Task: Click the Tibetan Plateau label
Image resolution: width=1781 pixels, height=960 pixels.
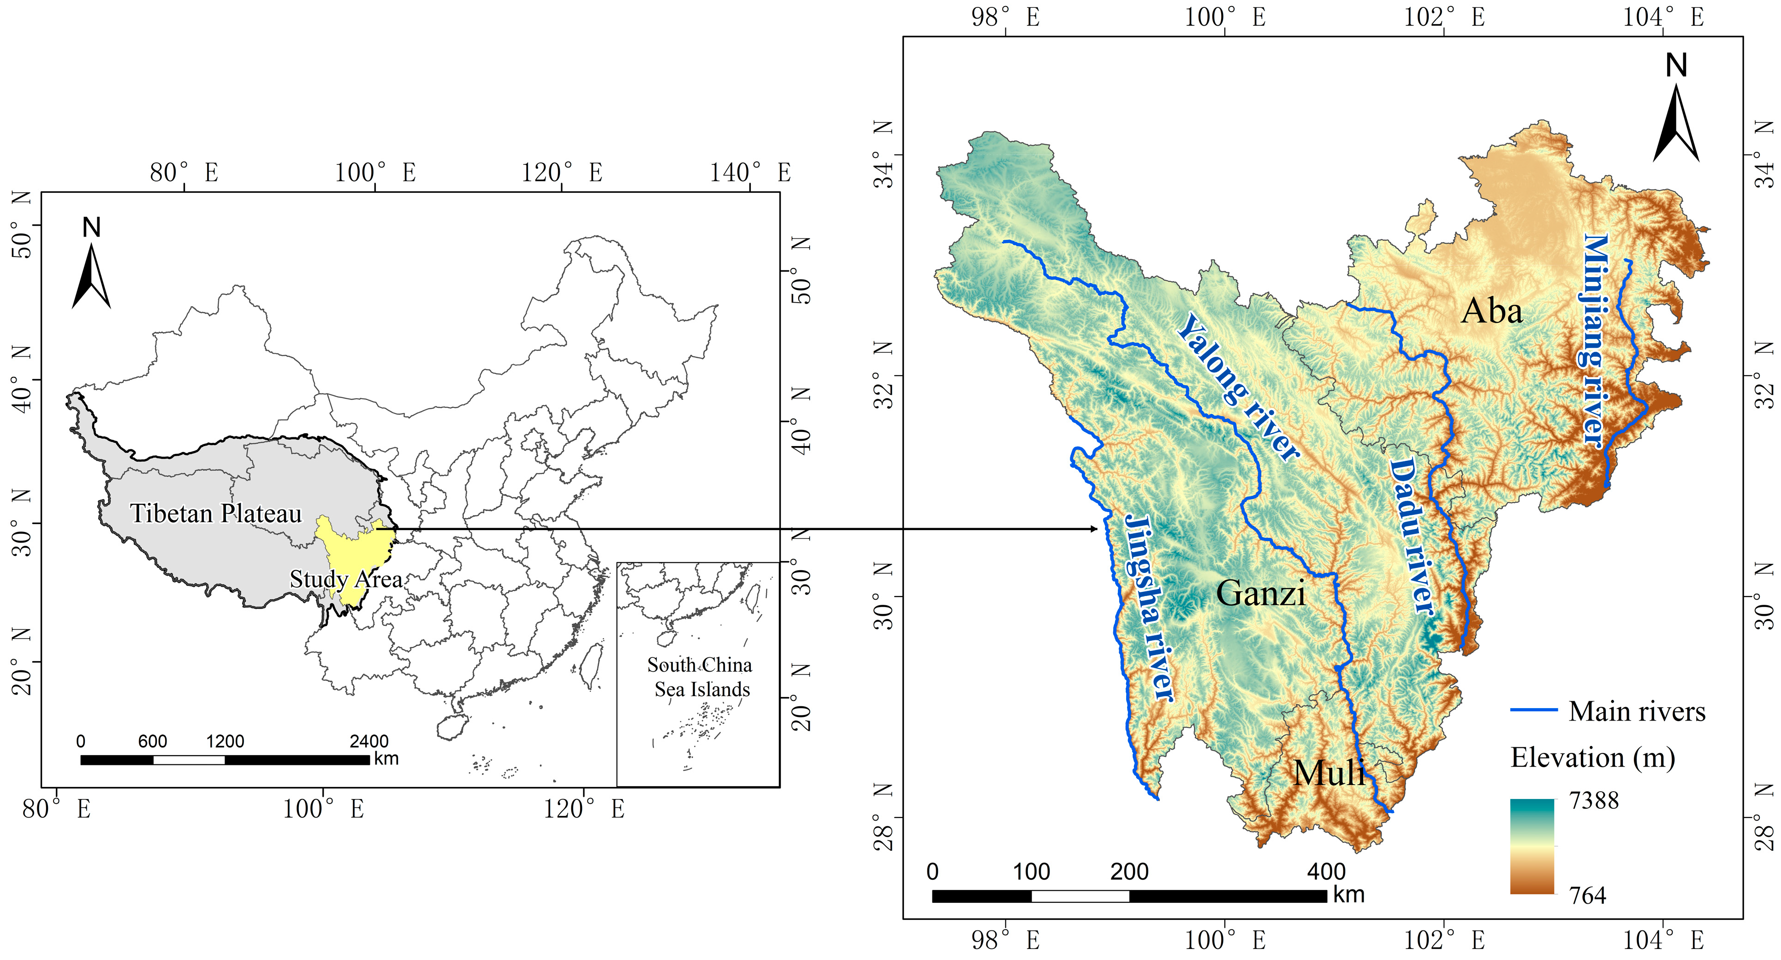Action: (216, 514)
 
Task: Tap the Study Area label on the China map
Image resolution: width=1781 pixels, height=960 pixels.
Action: (346, 579)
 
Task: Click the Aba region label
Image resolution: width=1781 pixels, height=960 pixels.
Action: (1491, 311)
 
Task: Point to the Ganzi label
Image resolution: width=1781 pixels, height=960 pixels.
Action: (1260, 593)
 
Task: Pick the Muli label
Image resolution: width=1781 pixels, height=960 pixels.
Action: (1329, 773)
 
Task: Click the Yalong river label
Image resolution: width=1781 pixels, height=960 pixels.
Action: (1238, 388)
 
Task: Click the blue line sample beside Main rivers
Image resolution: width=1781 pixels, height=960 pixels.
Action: (1533, 710)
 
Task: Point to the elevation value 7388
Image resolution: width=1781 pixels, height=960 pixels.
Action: (1594, 801)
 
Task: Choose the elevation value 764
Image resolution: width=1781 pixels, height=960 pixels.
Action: (1587, 896)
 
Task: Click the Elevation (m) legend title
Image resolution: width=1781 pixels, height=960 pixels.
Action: (1592, 758)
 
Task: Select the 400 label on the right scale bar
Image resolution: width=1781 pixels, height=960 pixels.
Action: (1326, 871)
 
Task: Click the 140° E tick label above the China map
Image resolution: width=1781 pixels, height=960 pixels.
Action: (750, 172)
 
